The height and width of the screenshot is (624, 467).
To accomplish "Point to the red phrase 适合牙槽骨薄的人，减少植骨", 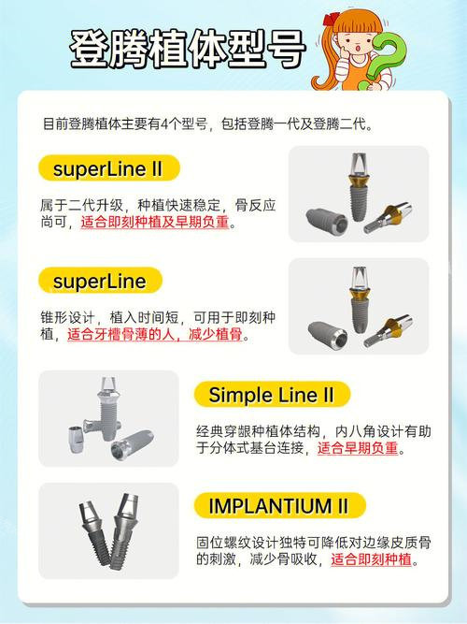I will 157,334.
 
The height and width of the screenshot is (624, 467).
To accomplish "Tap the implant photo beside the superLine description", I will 358,306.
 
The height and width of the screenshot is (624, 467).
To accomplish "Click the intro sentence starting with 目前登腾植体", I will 207,123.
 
